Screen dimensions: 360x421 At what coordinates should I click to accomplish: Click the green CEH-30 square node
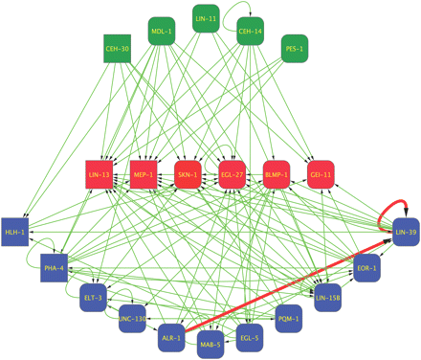click(x=117, y=49)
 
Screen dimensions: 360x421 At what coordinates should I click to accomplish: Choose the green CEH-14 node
click(x=250, y=32)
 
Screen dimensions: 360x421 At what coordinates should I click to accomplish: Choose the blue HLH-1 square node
click(x=14, y=233)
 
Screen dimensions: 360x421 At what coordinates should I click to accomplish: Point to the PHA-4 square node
click(x=54, y=269)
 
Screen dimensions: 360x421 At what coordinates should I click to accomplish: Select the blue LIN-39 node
click(x=406, y=233)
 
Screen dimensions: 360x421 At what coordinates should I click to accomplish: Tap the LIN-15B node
click(x=327, y=298)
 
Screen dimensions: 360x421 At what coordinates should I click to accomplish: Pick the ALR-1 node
click(x=171, y=337)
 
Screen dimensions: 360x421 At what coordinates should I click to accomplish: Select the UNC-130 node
click(x=134, y=319)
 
